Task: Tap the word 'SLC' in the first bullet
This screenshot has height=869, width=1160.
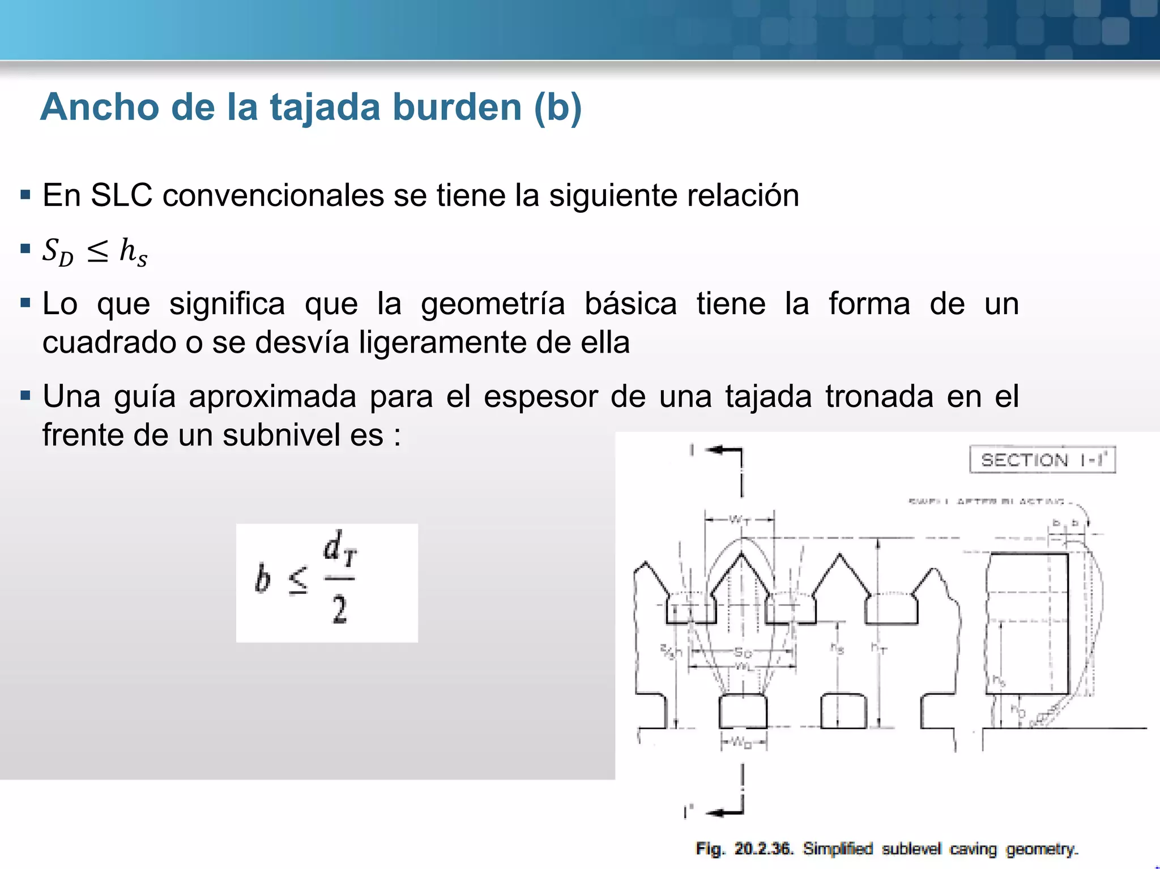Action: [121, 196]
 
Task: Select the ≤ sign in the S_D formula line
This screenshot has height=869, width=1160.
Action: [97, 251]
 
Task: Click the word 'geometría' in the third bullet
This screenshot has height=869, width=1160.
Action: [493, 304]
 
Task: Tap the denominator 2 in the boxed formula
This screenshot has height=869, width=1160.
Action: [339, 610]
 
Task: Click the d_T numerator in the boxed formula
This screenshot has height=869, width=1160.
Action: [339, 548]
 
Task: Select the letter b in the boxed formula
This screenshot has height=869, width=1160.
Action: [262, 579]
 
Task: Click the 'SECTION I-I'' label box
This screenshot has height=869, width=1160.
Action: [1042, 460]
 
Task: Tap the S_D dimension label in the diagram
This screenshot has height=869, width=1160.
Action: [743, 653]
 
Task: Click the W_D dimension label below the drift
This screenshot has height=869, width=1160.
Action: [742, 742]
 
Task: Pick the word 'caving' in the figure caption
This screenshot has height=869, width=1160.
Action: [973, 849]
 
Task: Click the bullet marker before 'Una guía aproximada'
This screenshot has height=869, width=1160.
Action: [25, 395]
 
